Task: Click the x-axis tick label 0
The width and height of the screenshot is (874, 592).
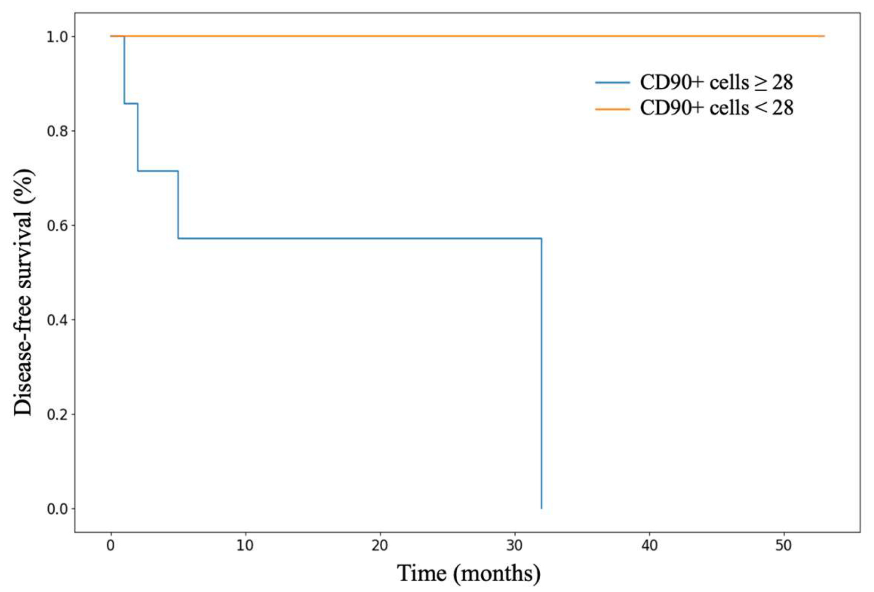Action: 110,545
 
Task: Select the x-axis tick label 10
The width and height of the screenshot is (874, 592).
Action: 245,545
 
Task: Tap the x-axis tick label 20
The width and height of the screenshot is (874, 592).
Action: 379,545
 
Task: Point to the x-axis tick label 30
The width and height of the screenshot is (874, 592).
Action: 514,545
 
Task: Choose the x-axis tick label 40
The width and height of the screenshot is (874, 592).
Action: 649,545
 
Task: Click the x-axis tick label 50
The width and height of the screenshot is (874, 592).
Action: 784,545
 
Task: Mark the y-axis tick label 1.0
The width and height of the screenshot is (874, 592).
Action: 57,36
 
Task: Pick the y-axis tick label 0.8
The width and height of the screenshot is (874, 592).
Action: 57,131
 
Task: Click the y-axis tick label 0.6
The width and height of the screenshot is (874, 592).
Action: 57,225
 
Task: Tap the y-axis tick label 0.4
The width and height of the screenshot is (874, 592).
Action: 57,320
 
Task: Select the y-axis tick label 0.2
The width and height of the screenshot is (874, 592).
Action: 57,414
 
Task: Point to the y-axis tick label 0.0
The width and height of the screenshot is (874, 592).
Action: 57,509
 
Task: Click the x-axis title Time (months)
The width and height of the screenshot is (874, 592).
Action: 469,573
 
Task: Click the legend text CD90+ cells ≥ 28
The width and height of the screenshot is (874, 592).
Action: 716,83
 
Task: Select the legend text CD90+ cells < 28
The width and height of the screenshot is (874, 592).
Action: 716,108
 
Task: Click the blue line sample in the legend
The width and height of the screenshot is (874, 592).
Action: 612,83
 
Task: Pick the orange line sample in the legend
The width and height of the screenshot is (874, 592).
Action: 612,109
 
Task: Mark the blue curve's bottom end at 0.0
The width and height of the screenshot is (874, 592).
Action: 541,508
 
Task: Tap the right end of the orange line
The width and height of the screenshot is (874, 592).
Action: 824,36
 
